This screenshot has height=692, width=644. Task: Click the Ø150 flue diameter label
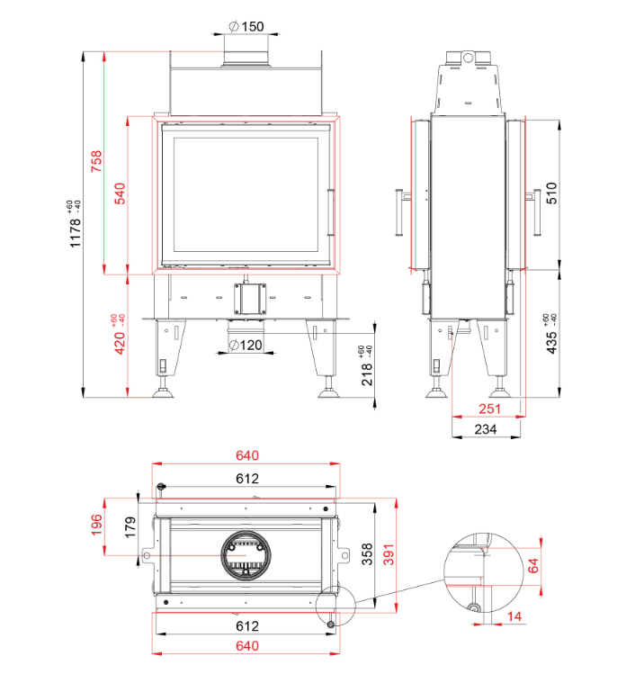[x=246, y=26]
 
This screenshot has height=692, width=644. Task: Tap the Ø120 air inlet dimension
[x=245, y=345]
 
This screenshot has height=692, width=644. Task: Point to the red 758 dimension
[x=97, y=162]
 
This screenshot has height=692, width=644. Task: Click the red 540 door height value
[x=121, y=193]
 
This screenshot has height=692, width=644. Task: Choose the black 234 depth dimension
[x=486, y=430]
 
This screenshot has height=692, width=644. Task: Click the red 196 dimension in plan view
[x=97, y=525]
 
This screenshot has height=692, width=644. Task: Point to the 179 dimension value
[x=130, y=525]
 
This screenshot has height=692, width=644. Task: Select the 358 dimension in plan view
[x=367, y=553]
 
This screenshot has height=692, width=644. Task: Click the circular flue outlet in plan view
[x=246, y=556]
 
